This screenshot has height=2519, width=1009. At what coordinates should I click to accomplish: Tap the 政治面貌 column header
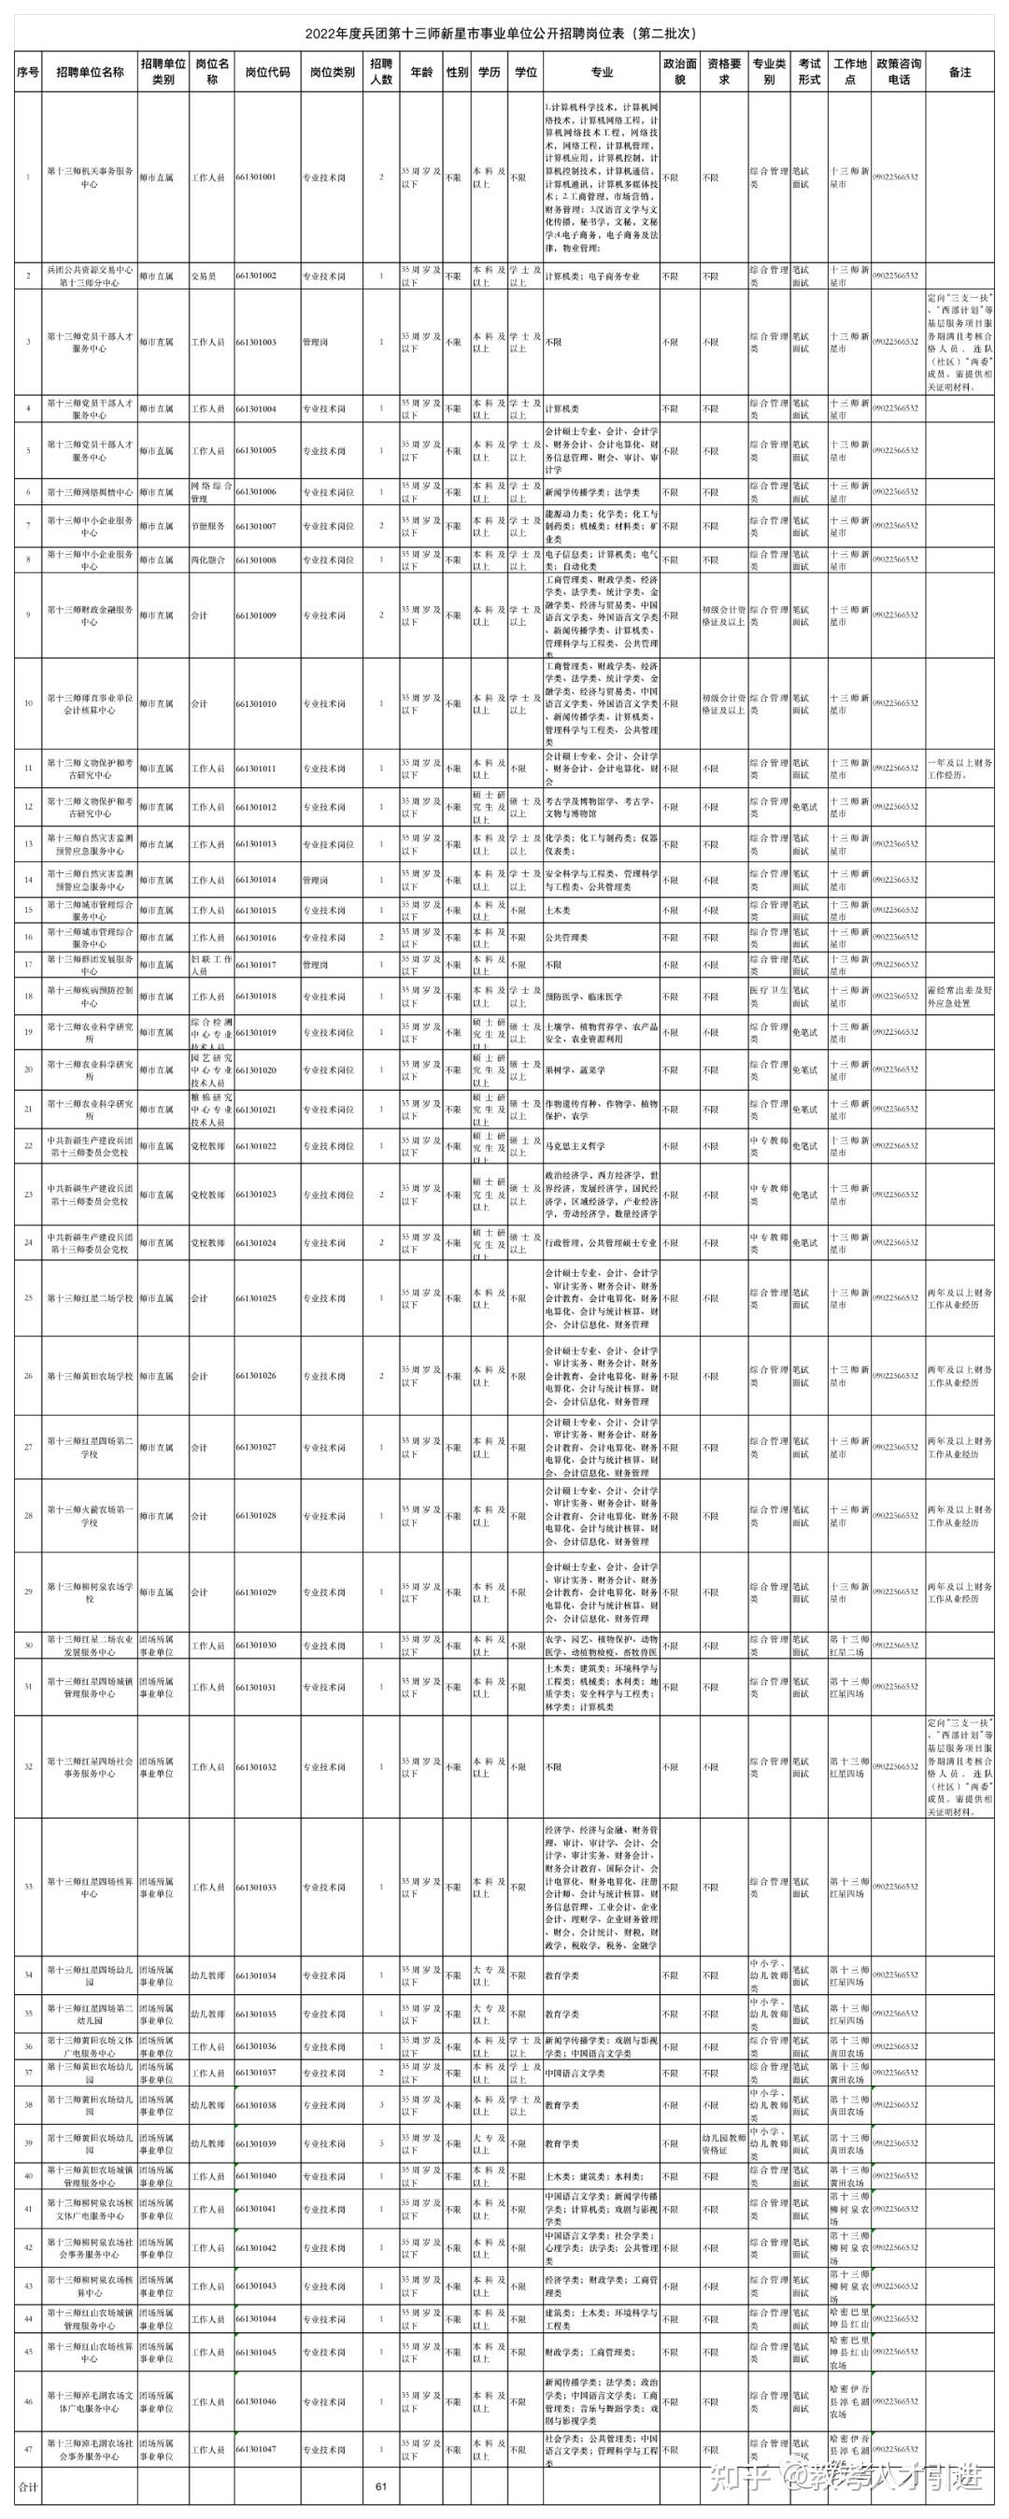point(679,72)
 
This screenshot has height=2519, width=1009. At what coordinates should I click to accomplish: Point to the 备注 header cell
point(959,72)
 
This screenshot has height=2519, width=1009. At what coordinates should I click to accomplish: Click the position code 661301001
point(256,178)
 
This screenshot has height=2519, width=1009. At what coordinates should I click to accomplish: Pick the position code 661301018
point(256,997)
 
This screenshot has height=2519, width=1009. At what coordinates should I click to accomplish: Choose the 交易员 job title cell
point(205,276)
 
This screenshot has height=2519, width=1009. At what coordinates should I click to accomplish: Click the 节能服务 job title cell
point(207,526)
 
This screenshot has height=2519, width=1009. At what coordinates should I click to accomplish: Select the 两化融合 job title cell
point(207,560)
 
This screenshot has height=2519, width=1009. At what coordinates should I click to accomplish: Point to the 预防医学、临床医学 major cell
point(584,997)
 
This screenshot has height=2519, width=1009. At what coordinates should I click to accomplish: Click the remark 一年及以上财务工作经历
point(959,769)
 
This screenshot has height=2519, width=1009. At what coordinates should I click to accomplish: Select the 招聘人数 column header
point(381,72)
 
